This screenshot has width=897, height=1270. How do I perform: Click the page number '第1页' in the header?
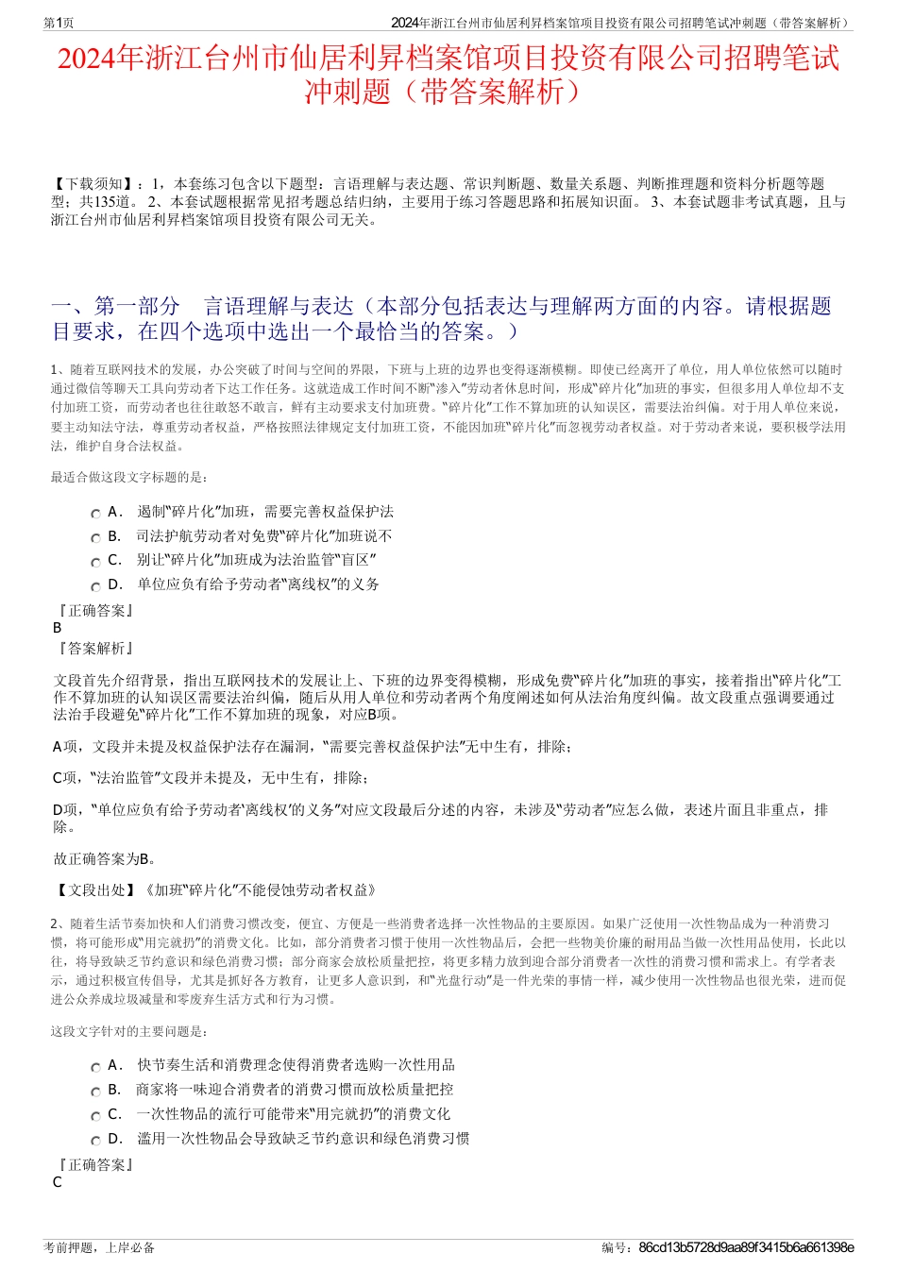point(59,23)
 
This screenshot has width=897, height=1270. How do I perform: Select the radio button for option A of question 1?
point(95,514)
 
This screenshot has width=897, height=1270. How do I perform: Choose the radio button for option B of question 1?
point(95,538)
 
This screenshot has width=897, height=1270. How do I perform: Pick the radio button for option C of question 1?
point(95,562)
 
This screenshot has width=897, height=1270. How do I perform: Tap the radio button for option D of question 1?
point(95,586)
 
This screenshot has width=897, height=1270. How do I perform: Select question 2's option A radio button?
point(95,1067)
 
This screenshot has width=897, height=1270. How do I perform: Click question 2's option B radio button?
point(95,1092)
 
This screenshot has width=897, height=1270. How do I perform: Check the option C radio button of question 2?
point(95,1116)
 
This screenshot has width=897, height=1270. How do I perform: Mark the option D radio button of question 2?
point(95,1141)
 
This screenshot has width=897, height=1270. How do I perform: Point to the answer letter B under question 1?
point(58,628)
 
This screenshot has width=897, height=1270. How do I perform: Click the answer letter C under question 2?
point(58,1182)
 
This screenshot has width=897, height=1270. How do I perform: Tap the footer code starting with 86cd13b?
point(746,1247)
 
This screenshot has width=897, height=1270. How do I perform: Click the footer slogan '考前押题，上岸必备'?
point(99,1247)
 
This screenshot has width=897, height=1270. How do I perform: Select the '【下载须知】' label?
point(93,184)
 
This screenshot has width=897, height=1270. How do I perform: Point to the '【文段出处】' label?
point(94,889)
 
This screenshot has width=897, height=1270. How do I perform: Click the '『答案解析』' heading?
point(94,648)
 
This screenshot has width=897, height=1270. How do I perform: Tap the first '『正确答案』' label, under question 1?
point(94,610)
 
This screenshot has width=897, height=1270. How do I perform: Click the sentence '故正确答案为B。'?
point(106,858)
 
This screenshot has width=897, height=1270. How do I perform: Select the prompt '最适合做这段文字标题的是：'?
point(130,478)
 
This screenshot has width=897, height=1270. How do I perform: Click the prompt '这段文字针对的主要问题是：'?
point(130,1031)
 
